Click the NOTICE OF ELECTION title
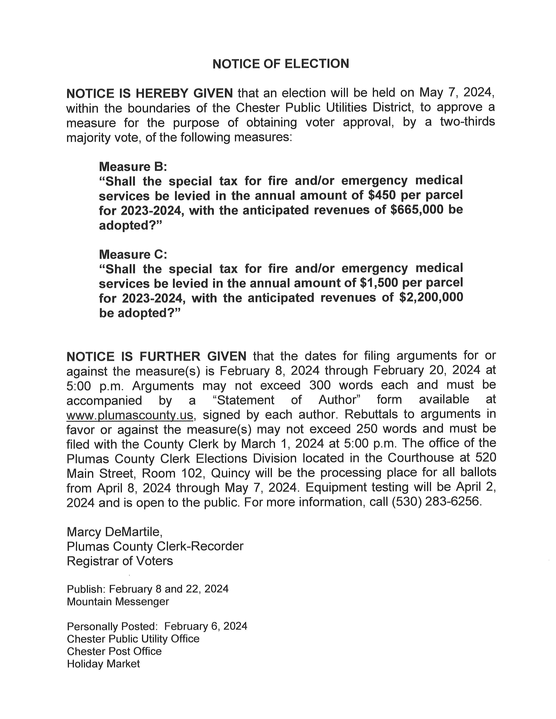[281, 64]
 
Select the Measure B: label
[133, 167]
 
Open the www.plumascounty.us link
[130, 415]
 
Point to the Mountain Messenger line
[118, 602]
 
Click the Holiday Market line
[103, 664]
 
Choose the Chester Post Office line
[114, 651]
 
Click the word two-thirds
[467, 122]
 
